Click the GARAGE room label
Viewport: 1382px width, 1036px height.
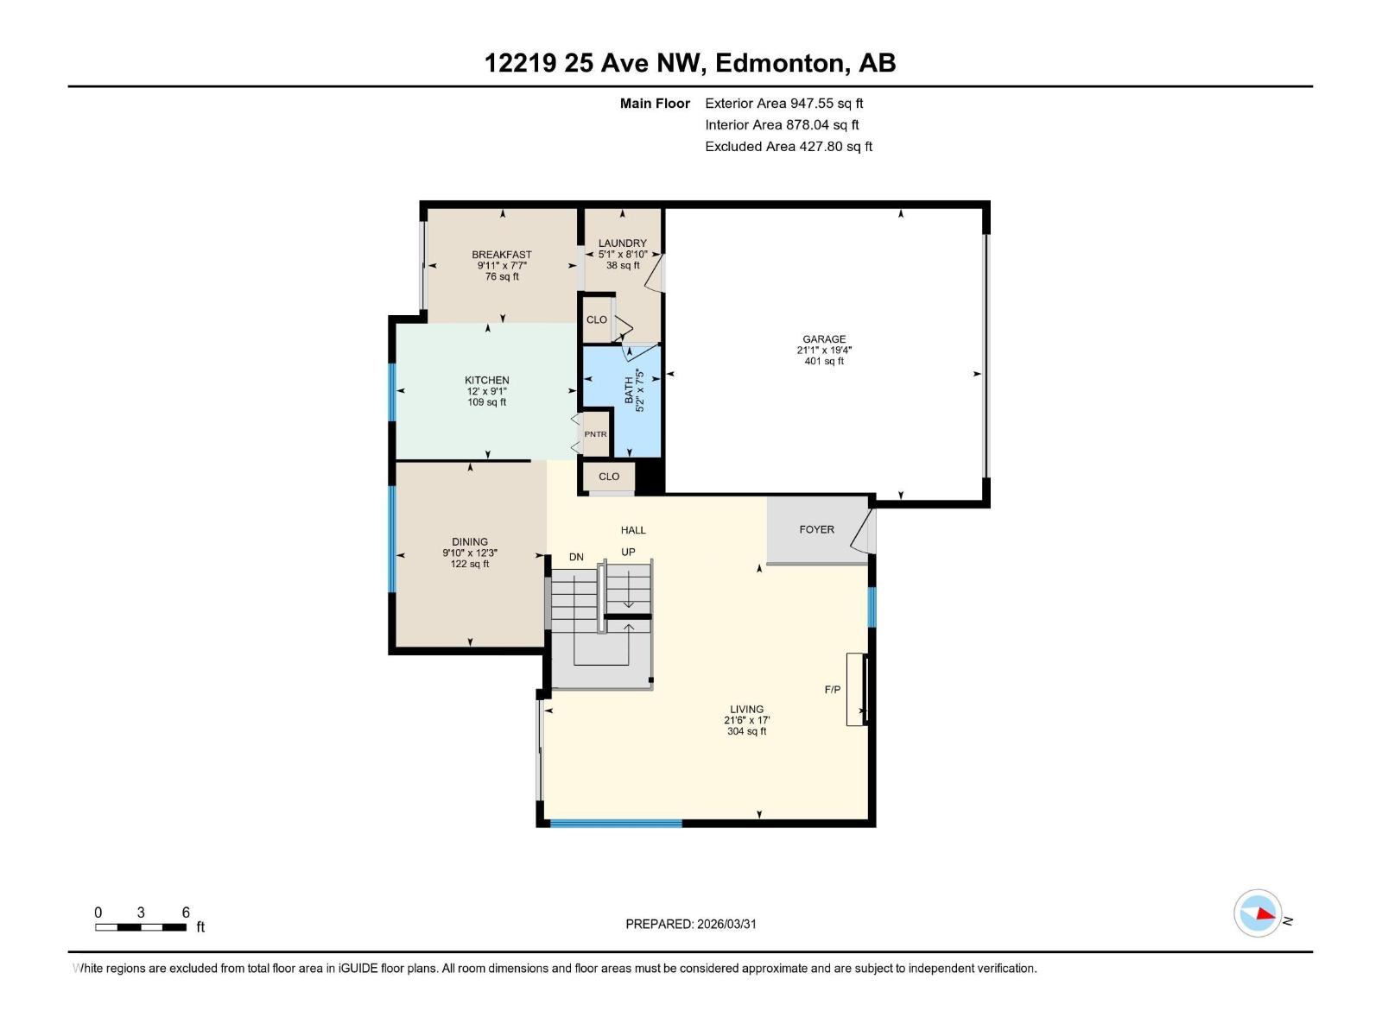pos(823,339)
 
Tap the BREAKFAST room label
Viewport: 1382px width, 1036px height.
pos(501,255)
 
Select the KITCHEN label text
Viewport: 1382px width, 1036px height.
pos(486,380)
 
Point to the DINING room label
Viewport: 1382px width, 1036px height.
pos(469,542)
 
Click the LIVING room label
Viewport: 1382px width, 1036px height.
pos(746,710)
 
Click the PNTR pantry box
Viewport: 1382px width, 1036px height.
pos(595,434)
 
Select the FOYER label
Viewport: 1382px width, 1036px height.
pos(816,529)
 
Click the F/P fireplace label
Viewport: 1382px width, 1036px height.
pos(832,690)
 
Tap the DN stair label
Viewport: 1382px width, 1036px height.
pos(576,557)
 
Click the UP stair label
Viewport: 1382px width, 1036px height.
pos(628,552)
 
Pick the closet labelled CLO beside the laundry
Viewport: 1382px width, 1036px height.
pos(596,319)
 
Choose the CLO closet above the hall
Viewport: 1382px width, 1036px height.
pos(609,477)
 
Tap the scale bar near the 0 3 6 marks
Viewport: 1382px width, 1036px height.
pos(141,927)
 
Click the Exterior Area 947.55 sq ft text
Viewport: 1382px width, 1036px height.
pos(783,104)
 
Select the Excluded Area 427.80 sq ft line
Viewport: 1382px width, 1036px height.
pos(788,147)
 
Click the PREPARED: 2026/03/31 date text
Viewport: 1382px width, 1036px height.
pos(690,924)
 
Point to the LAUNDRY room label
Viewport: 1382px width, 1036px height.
pos(622,243)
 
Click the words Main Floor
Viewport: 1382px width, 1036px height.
pos(655,104)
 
